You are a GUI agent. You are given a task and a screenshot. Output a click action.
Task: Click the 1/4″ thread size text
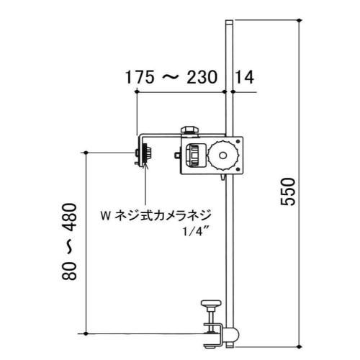coord(191,231)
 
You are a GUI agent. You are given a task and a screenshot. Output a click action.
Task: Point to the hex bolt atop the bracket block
coord(190,130)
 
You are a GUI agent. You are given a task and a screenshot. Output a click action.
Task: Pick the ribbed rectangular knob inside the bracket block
coord(195,155)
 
